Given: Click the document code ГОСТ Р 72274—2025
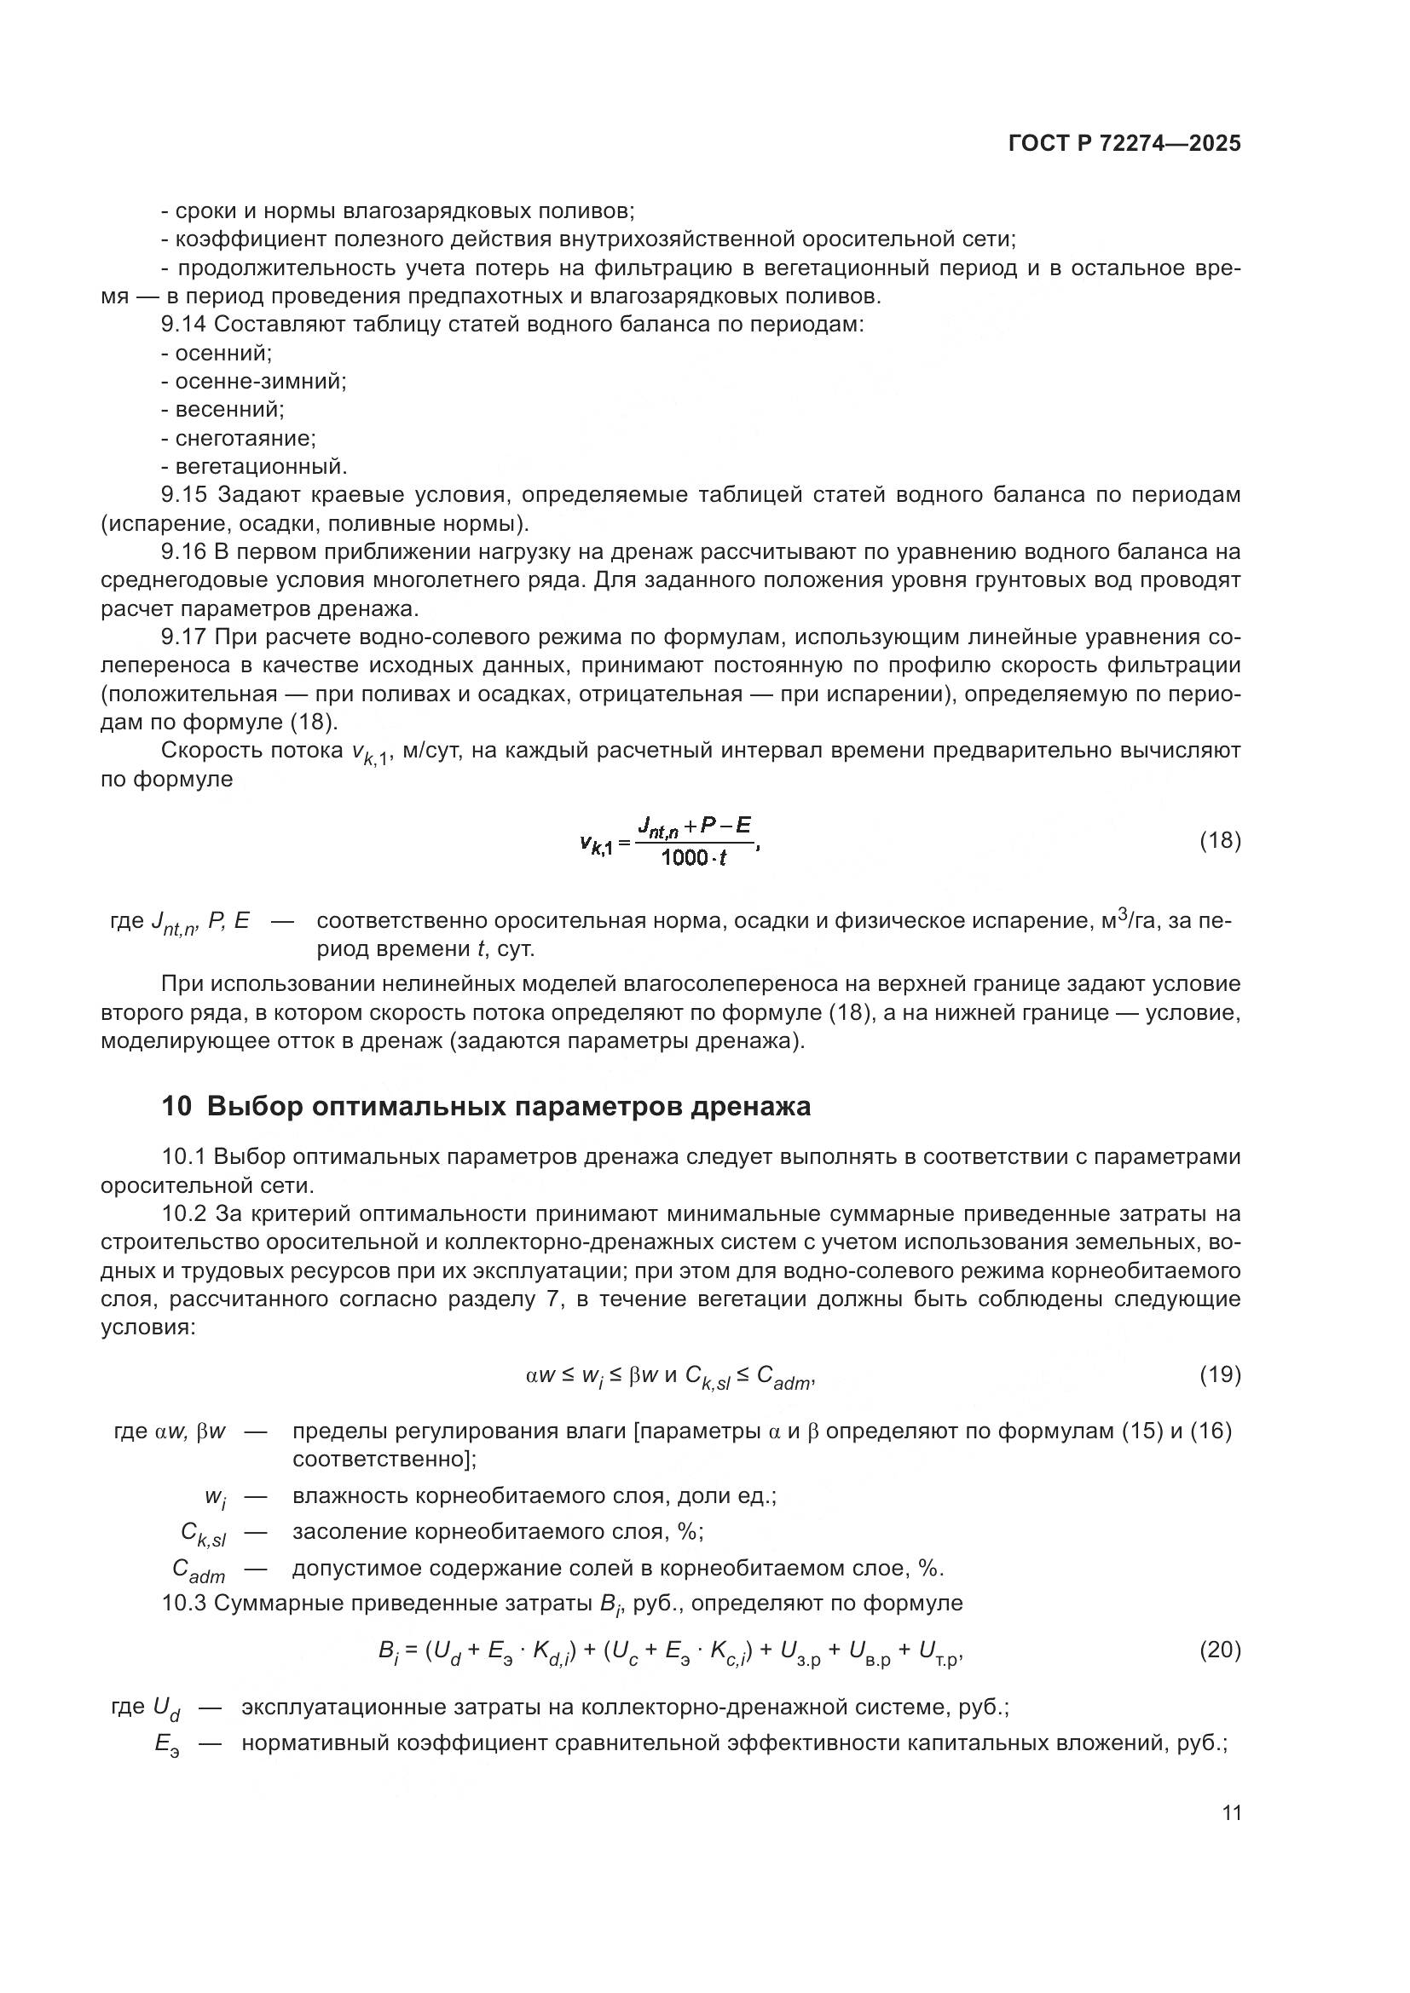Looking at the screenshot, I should point(1124,144).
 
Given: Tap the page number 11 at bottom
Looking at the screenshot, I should point(1231,1813).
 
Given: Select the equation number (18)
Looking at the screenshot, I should point(1220,840).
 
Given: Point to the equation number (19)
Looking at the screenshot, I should point(1220,1374).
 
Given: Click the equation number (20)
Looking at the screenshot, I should point(1220,1650).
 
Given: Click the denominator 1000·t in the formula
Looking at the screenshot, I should point(693,859).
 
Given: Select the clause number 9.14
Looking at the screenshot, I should point(184,325).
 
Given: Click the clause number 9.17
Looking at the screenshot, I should point(184,637).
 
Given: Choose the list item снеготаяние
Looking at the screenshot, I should point(245,438).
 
